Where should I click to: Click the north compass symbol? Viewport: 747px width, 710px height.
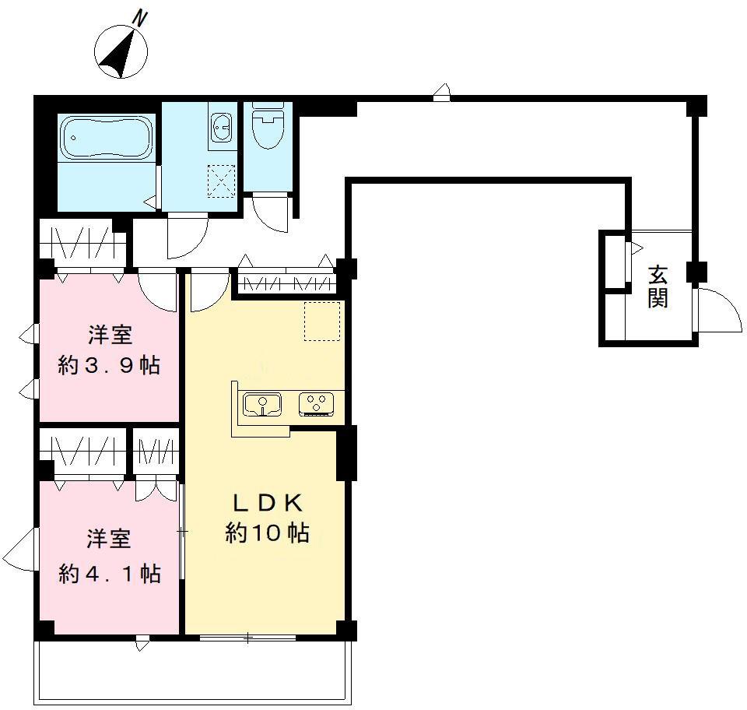[121, 52]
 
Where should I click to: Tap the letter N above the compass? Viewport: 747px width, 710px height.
[139, 19]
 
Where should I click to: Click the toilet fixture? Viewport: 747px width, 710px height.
[268, 125]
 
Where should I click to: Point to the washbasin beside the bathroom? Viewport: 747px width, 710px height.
[222, 127]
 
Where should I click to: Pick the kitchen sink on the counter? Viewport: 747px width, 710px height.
[262, 405]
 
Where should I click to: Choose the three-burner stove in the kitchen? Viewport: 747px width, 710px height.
[317, 405]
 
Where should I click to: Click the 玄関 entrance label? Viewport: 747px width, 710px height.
[658, 286]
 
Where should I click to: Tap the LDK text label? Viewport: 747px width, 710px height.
[267, 503]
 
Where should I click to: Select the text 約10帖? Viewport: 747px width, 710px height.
[267, 532]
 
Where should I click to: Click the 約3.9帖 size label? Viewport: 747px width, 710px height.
[109, 365]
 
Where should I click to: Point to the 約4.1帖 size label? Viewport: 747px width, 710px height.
[110, 574]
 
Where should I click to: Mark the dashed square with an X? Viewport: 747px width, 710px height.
[222, 181]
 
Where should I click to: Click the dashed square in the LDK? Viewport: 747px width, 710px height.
[322, 322]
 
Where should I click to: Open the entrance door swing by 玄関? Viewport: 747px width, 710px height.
[719, 310]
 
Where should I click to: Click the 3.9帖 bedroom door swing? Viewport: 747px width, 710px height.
[157, 290]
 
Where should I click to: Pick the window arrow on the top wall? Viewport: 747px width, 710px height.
[442, 93]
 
